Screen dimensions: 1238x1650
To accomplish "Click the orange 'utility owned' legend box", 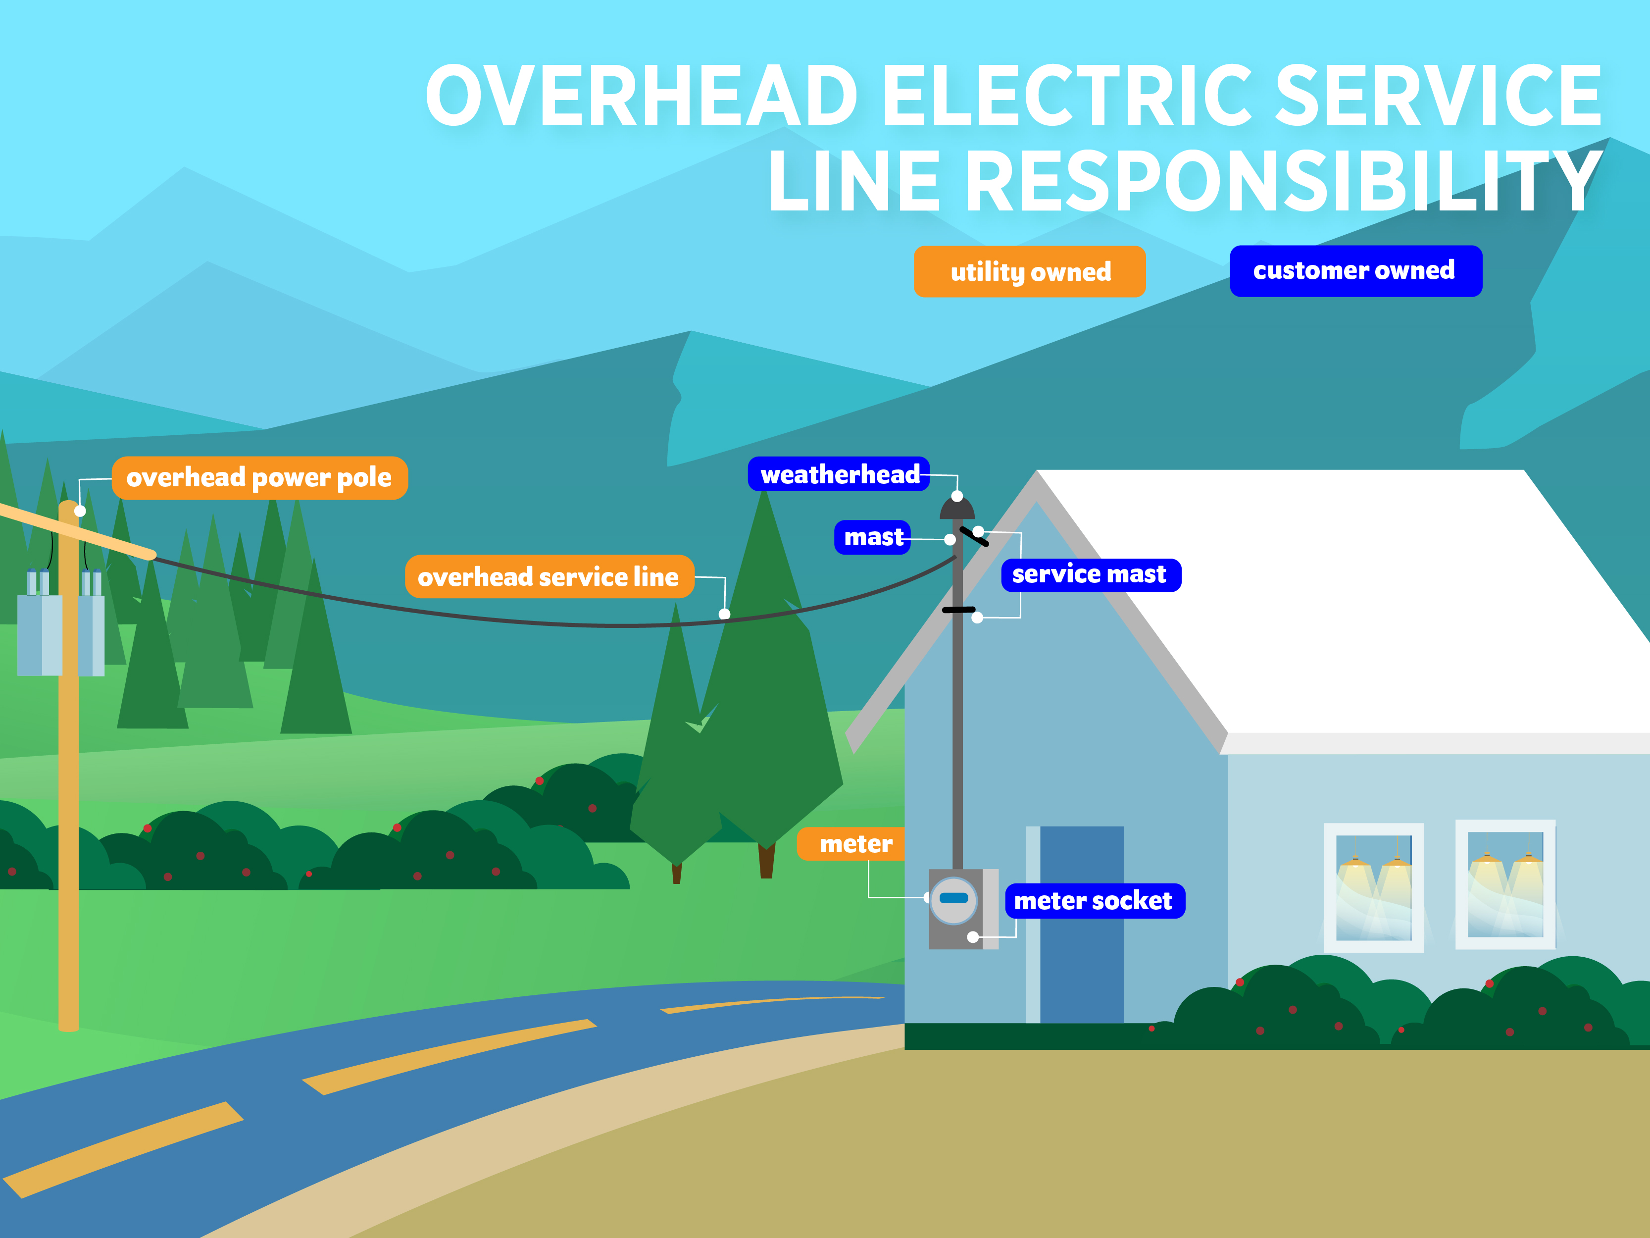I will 1029,272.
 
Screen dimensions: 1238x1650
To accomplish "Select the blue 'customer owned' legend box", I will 1355,271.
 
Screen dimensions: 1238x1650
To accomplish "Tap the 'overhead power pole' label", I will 259,477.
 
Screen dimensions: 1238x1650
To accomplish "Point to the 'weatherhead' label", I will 839,474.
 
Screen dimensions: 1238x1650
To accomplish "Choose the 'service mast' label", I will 1090,574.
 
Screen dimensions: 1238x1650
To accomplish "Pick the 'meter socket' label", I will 1094,901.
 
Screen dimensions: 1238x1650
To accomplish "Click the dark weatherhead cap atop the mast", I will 957,510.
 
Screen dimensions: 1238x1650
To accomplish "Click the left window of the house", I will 1373,887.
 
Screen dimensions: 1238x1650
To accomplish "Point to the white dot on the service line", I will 724,614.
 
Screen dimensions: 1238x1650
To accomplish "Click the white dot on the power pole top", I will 80,511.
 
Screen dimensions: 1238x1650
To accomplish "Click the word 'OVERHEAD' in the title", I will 642,96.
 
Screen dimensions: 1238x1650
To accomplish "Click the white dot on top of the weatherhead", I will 957,496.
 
